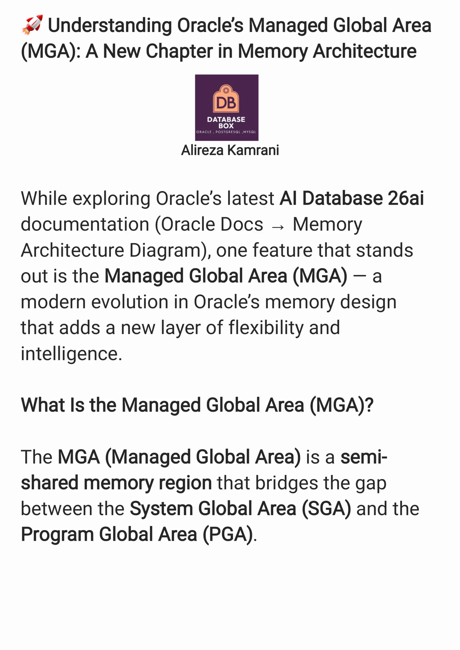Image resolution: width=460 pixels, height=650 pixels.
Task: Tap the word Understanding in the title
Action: point(110,25)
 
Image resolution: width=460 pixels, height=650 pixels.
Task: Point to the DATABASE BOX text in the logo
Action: point(226,122)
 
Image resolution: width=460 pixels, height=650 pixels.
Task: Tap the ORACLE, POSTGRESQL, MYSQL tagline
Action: point(226,132)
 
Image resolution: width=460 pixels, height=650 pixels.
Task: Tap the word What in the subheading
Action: point(42,405)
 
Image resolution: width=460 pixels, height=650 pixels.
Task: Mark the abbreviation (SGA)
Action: point(326,509)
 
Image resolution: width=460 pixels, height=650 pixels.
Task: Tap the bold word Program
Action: point(57,535)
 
